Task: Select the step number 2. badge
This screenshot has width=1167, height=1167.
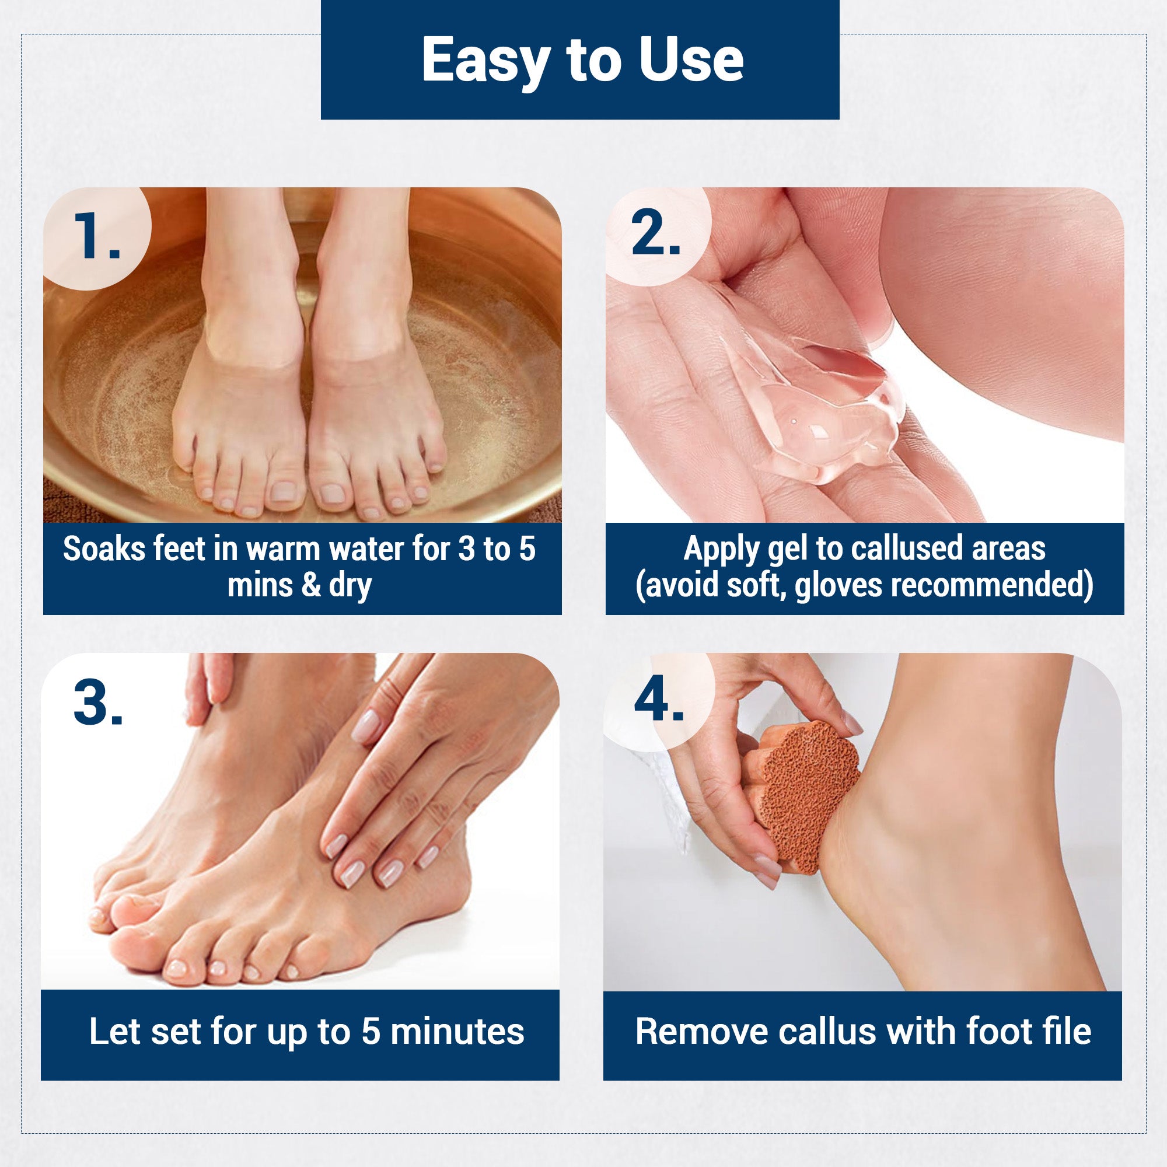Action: click(x=655, y=235)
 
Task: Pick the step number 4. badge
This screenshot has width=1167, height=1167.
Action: click(x=658, y=700)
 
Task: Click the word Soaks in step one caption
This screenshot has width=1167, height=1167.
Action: click(x=104, y=549)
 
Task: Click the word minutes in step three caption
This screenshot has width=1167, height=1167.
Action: click(x=457, y=1031)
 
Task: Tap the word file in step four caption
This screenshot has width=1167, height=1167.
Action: click(x=1067, y=1031)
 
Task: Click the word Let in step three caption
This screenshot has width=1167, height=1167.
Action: click(x=115, y=1031)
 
